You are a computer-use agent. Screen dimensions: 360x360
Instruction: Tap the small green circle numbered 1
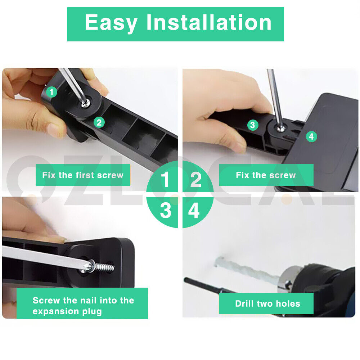51,92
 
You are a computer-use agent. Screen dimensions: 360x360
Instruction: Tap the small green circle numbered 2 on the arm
99,122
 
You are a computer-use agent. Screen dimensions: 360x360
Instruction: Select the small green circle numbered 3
253,125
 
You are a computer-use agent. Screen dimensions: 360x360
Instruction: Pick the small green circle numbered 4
311,136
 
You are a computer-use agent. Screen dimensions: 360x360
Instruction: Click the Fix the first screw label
83,175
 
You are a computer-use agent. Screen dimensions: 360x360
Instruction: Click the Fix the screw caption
266,175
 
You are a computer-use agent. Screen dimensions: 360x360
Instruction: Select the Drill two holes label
267,303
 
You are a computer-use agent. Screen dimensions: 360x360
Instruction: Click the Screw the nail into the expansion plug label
83,306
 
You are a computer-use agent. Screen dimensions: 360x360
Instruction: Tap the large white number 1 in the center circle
165,180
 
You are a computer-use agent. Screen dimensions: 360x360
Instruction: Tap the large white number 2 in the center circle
195,180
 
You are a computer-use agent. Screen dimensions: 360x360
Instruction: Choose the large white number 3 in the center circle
165,211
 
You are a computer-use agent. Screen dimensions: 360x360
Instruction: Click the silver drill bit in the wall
245,268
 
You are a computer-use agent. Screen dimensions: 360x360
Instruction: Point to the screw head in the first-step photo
85,103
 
